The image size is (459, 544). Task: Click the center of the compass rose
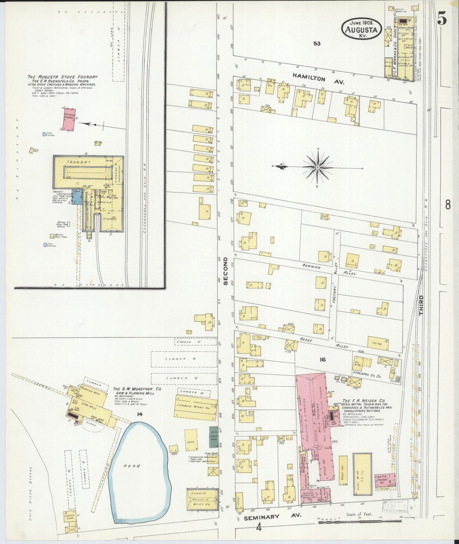click(317, 167)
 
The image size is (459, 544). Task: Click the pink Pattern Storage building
click(69, 120)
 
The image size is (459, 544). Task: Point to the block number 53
click(316, 44)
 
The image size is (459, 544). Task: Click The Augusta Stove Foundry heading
click(62, 77)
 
